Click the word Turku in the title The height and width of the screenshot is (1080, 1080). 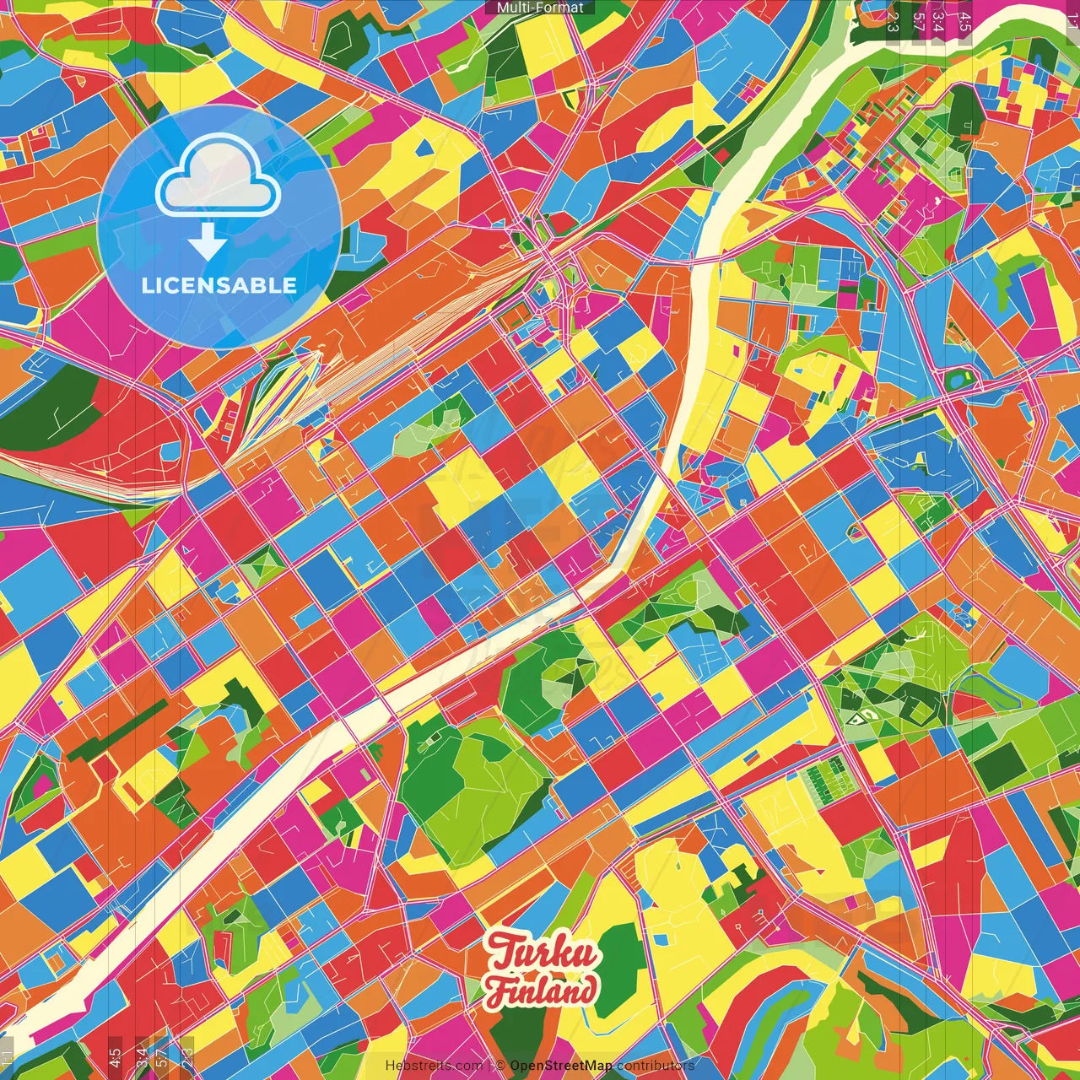click(x=543, y=953)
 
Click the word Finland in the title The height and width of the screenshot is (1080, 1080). click(x=542, y=990)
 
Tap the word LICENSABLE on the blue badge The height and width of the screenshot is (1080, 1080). click(x=219, y=285)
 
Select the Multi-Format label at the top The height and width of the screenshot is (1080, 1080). click(x=540, y=8)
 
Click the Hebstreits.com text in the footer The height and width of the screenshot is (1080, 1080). click(x=434, y=1066)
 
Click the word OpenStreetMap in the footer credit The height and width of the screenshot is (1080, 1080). click(x=561, y=1066)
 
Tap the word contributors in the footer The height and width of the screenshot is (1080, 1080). click(x=656, y=1066)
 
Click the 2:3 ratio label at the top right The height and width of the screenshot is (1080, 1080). click(x=893, y=21)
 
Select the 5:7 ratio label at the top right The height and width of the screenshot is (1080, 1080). click(x=918, y=21)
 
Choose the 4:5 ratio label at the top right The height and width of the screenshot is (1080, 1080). click(x=965, y=21)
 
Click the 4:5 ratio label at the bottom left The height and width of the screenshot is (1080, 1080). click(x=115, y=1056)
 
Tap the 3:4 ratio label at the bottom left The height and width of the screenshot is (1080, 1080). click(x=141, y=1056)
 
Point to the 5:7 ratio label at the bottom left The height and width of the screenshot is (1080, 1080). click(x=162, y=1056)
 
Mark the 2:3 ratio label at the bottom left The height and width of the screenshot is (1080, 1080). click(x=187, y=1056)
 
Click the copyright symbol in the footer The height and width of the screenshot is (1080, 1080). click(x=500, y=1066)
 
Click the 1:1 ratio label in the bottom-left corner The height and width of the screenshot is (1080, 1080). click(x=8, y=1058)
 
